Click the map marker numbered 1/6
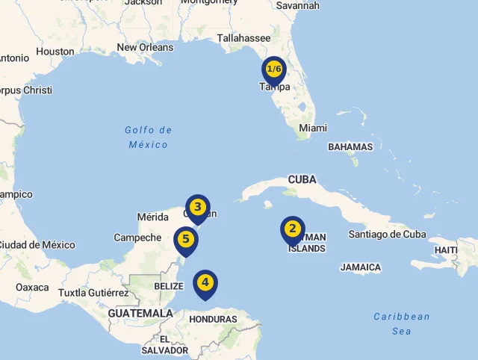274,70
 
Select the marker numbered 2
292,229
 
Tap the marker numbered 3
197,207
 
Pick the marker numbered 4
205,283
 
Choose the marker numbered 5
186,240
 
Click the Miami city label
312,128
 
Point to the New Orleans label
145,48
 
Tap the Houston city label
55,52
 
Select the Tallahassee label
243,38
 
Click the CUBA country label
302,180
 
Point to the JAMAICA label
361,267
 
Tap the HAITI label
446,249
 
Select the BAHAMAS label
350,147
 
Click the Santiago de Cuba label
387,235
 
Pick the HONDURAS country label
213,320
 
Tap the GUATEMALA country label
140,313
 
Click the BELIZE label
168,286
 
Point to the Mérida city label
153,217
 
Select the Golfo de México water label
148,137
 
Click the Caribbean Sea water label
402,324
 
